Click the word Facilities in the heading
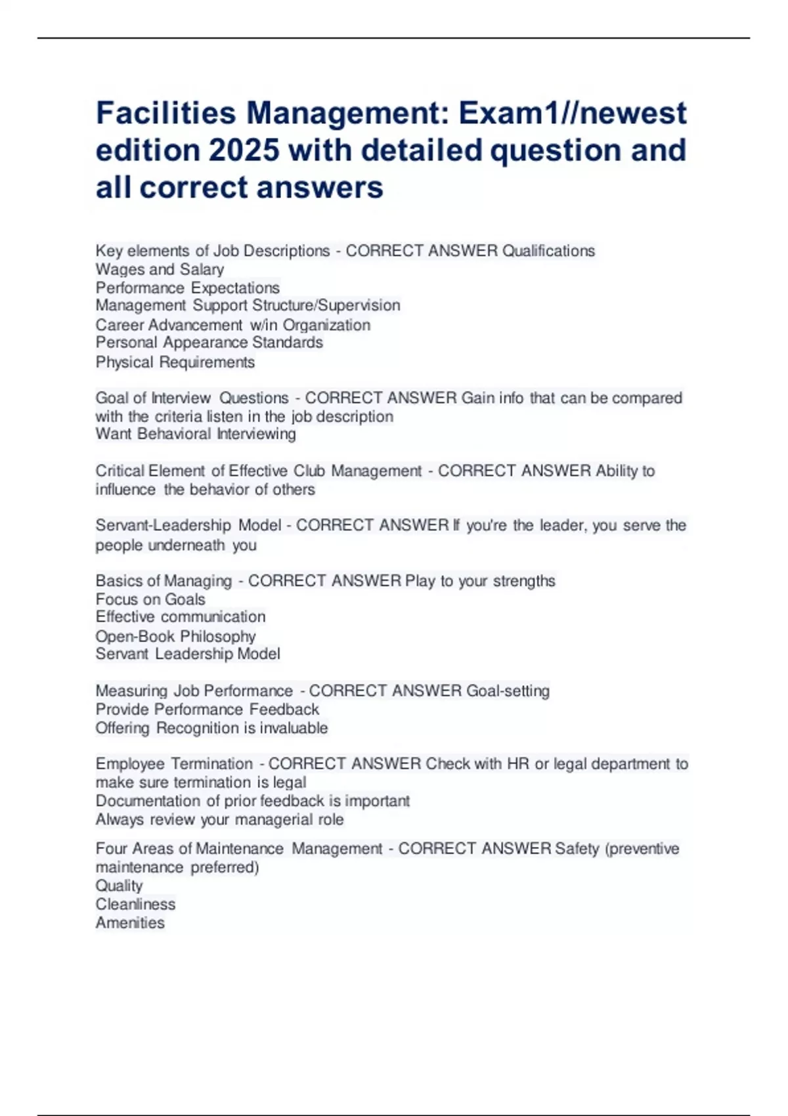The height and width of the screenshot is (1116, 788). click(x=165, y=113)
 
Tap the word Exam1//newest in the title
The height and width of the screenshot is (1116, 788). click(x=573, y=113)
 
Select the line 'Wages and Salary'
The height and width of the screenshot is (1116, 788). click(x=160, y=269)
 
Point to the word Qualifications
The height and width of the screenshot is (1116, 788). click(x=548, y=251)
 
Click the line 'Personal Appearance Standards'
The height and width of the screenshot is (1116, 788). click(x=209, y=343)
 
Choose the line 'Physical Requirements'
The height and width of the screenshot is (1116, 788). click(x=175, y=362)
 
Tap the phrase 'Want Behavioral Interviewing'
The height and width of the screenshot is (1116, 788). click(x=196, y=434)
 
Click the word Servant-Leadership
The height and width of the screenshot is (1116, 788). click(x=163, y=525)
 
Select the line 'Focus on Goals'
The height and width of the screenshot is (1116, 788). click(x=150, y=599)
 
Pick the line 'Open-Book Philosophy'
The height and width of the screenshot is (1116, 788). click(x=175, y=636)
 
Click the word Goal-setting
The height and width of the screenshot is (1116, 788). click(x=508, y=691)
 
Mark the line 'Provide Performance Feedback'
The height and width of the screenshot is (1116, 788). click(x=207, y=710)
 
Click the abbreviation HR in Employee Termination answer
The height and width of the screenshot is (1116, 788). click(x=517, y=764)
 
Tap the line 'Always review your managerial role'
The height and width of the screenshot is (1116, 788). click(x=219, y=820)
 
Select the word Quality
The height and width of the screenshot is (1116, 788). click(x=119, y=886)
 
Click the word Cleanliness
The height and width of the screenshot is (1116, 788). click(x=135, y=905)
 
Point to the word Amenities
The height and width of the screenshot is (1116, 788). click(x=130, y=923)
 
